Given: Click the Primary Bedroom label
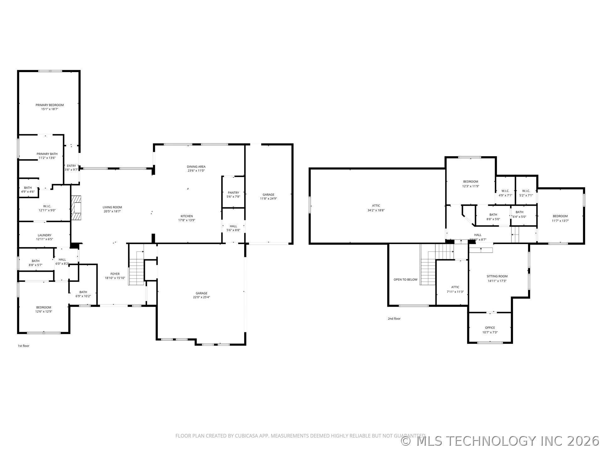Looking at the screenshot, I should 50,105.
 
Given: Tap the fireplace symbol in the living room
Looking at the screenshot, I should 76,208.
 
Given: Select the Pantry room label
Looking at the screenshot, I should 233,193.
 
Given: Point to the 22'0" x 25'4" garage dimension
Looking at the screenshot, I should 201,297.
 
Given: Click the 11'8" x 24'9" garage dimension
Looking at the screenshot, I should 268,199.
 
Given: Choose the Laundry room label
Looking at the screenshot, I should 45,235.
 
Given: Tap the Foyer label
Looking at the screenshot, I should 115,274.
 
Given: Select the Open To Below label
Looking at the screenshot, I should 405,279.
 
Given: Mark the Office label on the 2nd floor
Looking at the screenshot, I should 490,328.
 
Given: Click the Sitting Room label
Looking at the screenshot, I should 497,276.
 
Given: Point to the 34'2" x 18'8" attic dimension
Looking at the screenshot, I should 376,210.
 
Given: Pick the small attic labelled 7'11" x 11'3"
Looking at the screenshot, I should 455,289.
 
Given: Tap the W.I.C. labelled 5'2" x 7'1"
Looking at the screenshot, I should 526,193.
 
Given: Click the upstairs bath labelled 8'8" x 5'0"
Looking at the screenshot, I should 493,217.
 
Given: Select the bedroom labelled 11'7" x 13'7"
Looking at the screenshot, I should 560,218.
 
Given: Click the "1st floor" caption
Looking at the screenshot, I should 24,346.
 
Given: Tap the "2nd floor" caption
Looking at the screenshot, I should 394,319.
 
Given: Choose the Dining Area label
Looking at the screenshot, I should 196,167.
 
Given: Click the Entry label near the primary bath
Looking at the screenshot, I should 71,166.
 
